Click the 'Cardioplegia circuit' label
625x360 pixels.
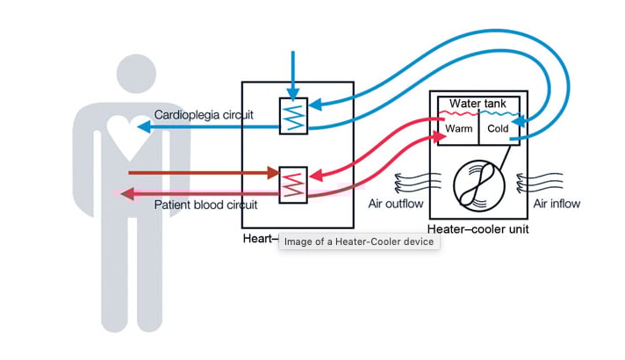tap(204, 115)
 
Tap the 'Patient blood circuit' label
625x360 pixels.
tap(205, 205)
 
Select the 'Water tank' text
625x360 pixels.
tap(478, 104)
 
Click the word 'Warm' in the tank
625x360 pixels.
tap(457, 128)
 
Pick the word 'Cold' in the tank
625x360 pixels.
tap(497, 128)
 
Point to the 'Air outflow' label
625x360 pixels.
tap(396, 204)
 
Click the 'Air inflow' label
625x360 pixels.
tap(557, 204)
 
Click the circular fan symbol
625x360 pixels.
tap(478, 185)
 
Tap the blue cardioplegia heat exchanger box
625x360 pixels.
tap(293, 115)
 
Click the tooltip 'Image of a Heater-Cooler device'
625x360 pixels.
tap(359, 242)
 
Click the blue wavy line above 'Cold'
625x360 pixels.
tap(498, 114)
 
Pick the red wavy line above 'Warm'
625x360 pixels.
tap(457, 114)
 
